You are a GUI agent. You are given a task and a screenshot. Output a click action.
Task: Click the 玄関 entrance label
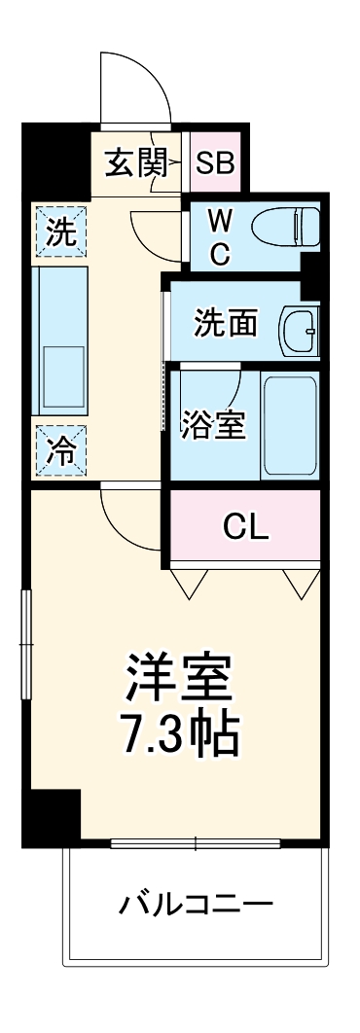coord(133,162)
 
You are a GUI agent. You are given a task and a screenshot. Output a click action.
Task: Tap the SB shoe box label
coord(215,162)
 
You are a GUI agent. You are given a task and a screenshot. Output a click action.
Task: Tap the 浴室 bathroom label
coord(212,424)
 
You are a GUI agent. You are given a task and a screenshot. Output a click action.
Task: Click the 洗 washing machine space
coord(60,233)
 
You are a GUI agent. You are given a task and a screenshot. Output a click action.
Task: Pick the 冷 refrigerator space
coord(60,449)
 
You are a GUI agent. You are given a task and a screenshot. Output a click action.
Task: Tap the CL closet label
coord(245,526)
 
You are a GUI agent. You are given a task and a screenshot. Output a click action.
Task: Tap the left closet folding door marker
coord(189,582)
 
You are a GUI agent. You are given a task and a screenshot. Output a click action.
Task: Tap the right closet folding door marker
coord(302,582)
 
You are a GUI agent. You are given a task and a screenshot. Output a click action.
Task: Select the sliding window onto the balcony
coord(195,842)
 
